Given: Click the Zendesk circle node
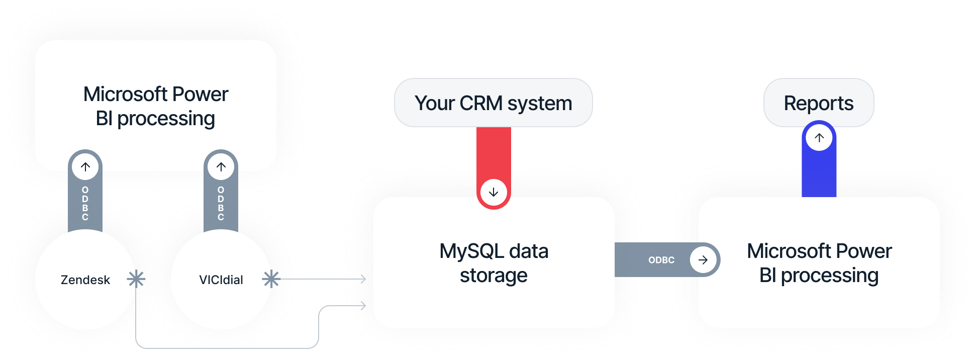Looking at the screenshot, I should [85, 302].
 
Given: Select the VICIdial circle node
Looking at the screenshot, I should [221, 302].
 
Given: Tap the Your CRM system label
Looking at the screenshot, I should [493, 103].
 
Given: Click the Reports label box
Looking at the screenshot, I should [819, 103].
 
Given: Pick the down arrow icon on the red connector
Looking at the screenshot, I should [494, 192].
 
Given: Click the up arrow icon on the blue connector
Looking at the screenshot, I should [819, 138].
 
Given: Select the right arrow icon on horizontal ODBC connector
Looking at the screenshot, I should [703, 260].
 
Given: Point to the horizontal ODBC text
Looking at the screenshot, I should [661, 260].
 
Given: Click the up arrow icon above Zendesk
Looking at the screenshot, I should [85, 167].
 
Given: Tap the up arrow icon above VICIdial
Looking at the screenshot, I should [221, 167].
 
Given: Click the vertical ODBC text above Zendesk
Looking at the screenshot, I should [85, 204].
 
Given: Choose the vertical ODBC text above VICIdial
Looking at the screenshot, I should [221, 204].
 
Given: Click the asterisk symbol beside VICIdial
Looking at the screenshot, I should [271, 279].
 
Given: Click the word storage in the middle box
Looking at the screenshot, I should [494, 276].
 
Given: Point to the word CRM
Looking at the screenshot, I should [480, 103].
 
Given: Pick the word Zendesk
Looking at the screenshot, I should [85, 280].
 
